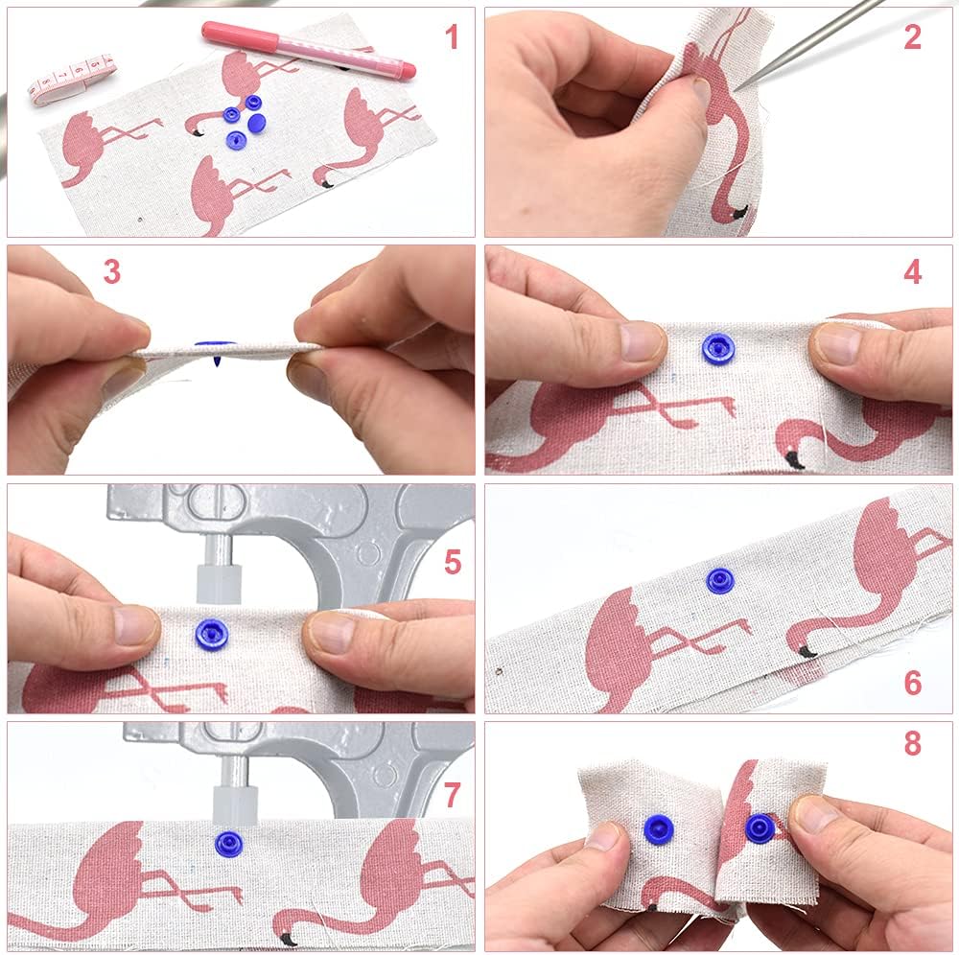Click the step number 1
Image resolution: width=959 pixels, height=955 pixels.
tap(452, 37)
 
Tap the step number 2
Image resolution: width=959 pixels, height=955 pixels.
tap(912, 37)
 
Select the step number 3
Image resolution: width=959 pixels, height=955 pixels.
tap(112, 271)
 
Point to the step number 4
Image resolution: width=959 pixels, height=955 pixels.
tap(912, 272)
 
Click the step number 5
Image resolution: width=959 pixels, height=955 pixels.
tap(453, 562)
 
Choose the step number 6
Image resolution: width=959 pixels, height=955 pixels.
tap(913, 683)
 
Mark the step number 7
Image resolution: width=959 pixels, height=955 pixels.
tap(452, 795)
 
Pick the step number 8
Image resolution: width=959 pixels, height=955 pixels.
tap(912, 743)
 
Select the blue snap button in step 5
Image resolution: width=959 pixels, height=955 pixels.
tap(211, 635)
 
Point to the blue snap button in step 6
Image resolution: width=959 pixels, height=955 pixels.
tap(720, 581)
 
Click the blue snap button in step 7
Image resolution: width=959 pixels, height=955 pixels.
tap(227, 845)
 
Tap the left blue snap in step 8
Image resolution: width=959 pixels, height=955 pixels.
tap(659, 829)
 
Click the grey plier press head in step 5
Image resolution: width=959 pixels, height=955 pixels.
tap(220, 584)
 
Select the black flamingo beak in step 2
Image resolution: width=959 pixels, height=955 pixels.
tap(740, 213)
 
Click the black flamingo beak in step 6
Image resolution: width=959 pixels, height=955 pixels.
tap(807, 652)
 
